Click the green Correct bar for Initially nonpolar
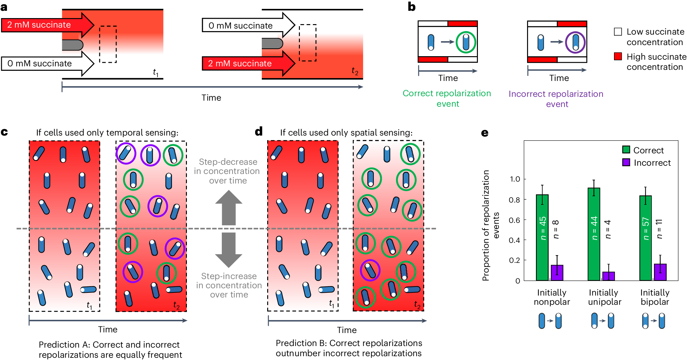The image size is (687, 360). coord(542,238)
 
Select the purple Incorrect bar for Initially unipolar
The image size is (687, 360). coord(608,276)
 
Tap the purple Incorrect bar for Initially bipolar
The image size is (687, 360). coord(660,272)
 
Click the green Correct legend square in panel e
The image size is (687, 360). coord(626,150)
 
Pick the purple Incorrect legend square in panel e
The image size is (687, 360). coord(626,163)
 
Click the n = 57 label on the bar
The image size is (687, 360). coord(646,229)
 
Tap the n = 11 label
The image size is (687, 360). coord(659,229)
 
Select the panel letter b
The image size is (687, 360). coord(412,7)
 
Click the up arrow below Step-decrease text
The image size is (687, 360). coord(228,208)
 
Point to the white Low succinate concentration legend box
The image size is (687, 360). coord(618,32)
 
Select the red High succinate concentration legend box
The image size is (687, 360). coord(618,57)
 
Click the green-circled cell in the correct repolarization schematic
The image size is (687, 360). coord(466,42)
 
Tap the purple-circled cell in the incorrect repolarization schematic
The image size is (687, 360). coord(575,42)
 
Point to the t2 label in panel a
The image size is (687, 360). coord(355,71)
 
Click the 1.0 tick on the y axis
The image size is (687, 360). coord(515,179)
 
